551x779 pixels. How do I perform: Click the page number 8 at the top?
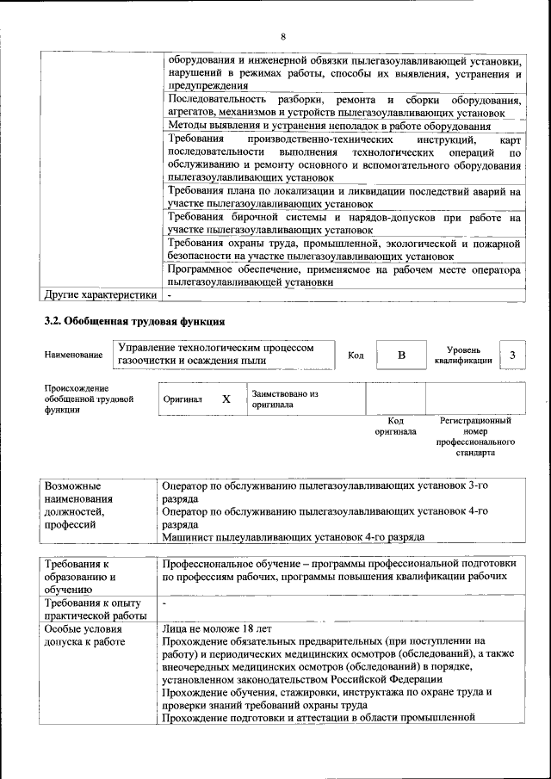click(x=282, y=36)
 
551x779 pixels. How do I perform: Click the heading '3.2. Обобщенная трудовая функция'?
click(x=134, y=322)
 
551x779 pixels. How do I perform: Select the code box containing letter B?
click(x=400, y=355)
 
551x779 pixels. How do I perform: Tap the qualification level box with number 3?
click(x=513, y=355)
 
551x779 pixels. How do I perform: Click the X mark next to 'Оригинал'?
click(x=226, y=399)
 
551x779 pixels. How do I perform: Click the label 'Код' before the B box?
click(x=356, y=355)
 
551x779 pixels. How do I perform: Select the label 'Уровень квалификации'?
click(x=463, y=355)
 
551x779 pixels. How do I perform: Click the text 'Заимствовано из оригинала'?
click(x=285, y=399)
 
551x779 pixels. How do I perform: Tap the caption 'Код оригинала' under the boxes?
click(x=395, y=426)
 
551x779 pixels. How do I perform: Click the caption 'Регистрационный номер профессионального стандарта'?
click(x=475, y=436)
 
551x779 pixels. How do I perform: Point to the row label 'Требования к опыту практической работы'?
click(x=95, y=609)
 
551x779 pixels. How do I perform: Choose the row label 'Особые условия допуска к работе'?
click(x=85, y=634)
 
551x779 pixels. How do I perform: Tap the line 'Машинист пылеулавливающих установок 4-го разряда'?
click(x=293, y=537)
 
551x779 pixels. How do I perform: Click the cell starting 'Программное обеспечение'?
click(x=344, y=275)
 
